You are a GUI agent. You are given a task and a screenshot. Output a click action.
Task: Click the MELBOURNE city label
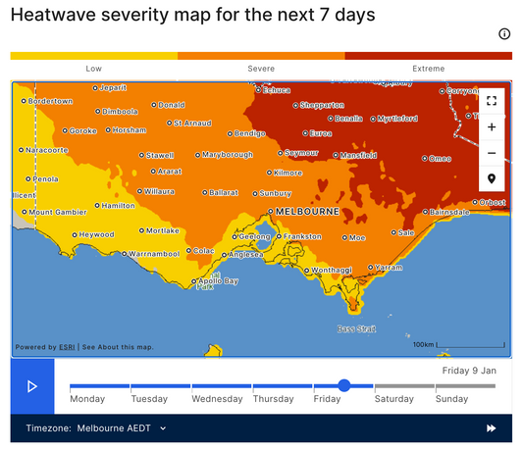[x=307, y=212]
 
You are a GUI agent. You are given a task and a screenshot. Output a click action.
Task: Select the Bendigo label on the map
[x=249, y=133]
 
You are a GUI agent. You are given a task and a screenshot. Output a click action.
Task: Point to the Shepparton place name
[x=322, y=105]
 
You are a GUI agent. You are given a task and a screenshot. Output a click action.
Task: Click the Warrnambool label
[x=155, y=253]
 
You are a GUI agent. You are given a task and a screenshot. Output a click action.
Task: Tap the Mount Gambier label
[x=59, y=212]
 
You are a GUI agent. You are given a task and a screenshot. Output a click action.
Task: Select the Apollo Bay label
[x=217, y=281]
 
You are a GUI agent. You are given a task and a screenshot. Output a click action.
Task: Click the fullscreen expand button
[x=492, y=101]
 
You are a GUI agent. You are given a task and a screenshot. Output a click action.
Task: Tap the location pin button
[x=492, y=178]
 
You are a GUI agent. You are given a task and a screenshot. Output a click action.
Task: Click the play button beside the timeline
[x=32, y=386]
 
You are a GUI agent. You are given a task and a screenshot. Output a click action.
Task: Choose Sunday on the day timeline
[x=451, y=399]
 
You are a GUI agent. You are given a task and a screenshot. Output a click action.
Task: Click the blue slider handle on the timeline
[x=344, y=385]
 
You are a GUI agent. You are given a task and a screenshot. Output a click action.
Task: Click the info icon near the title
[x=504, y=33]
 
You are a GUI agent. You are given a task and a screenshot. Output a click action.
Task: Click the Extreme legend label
[x=428, y=69]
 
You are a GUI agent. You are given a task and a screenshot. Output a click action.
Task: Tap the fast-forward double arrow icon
[x=491, y=428]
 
